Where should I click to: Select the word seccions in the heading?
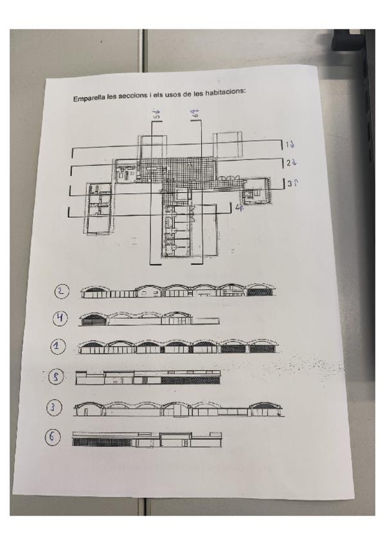point(132,96)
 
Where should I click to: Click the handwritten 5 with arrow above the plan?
point(157,114)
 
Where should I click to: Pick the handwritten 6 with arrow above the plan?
point(195,113)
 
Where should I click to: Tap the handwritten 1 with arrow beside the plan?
point(290,145)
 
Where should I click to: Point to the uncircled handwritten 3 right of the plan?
point(293,183)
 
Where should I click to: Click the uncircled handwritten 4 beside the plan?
point(239,208)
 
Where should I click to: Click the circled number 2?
point(62,291)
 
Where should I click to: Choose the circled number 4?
point(60,318)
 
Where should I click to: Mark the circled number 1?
point(58,346)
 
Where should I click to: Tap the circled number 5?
point(56,377)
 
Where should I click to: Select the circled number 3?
point(54,407)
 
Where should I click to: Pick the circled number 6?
point(52,437)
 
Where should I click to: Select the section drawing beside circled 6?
point(147,440)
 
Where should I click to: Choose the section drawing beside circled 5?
point(148,377)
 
